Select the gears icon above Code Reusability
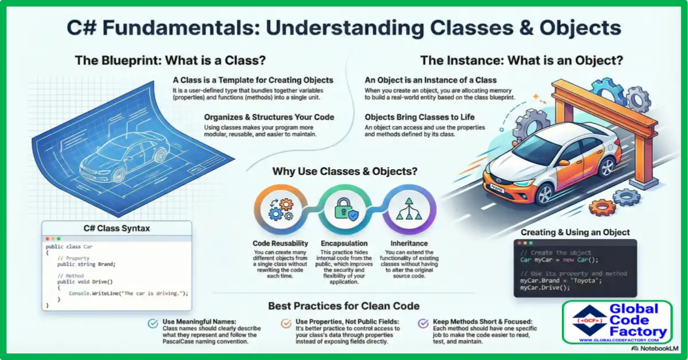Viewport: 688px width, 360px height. [279, 210]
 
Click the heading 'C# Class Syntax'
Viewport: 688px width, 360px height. [116, 229]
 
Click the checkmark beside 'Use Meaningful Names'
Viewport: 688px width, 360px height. [153, 323]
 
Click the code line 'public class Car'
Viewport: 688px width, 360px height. [69, 246]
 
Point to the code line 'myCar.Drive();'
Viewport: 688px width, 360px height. [545, 288]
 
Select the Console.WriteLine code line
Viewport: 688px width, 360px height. [128, 294]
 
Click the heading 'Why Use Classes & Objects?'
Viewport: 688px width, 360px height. [344, 171]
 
